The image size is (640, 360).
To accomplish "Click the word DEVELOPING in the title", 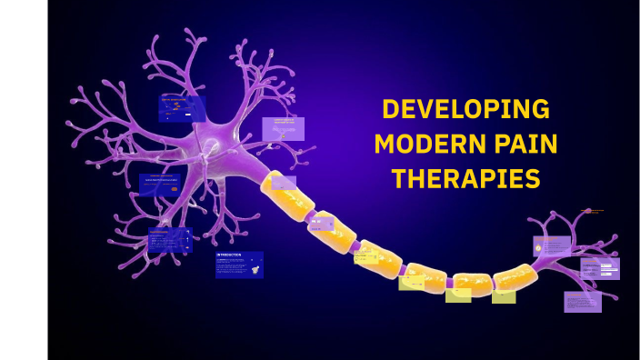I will [x=465, y=109].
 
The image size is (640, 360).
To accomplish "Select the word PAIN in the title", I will [x=520, y=144].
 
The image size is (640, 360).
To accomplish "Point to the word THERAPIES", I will [x=465, y=178].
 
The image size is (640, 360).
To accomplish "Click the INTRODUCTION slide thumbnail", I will [x=239, y=265].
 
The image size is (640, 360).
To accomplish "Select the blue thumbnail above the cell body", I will [x=182, y=109].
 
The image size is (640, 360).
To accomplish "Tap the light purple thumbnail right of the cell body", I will [x=283, y=128].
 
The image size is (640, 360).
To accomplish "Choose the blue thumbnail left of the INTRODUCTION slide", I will [x=170, y=240].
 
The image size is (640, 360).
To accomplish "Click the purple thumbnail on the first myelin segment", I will [x=284, y=182].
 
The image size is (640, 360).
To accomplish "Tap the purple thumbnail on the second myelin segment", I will [x=321, y=221].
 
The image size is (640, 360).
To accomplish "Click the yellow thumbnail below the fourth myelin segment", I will [x=411, y=282].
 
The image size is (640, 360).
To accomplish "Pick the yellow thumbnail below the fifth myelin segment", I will [x=458, y=293].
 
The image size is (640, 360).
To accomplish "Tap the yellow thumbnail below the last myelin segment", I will [x=504, y=295].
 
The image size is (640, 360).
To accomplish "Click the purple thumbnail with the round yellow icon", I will [x=552, y=245].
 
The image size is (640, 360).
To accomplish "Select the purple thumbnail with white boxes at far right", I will [x=600, y=268].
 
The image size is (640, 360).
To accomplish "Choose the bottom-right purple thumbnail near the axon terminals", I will [x=582, y=301].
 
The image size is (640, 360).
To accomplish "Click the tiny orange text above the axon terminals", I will [x=594, y=212].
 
